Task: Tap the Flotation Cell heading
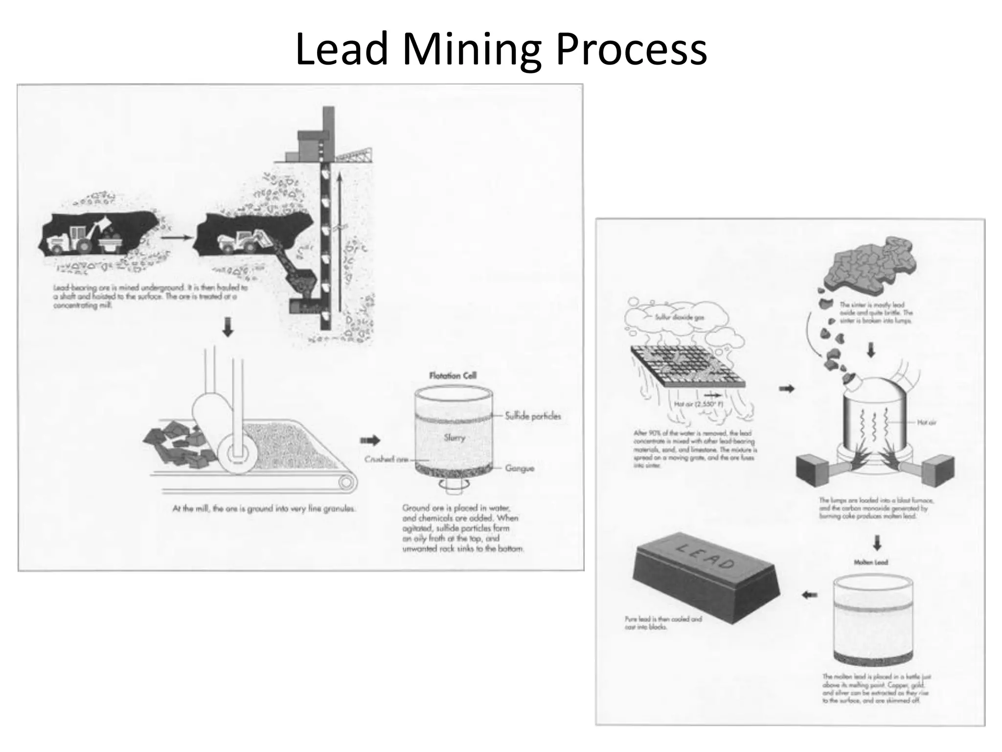click(x=453, y=376)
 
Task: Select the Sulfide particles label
click(x=533, y=416)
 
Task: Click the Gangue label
click(x=520, y=469)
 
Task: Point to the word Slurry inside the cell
click(x=455, y=438)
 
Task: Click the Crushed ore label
click(x=386, y=459)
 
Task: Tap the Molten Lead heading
click(x=870, y=563)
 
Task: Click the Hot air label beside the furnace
click(x=926, y=422)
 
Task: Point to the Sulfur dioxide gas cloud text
click(x=680, y=317)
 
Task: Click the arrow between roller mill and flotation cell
click(x=370, y=440)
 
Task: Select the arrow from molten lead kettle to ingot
click(x=810, y=595)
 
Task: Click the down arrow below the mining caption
click(x=228, y=327)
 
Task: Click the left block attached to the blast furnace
click(x=813, y=470)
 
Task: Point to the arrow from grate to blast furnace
click(x=786, y=389)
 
